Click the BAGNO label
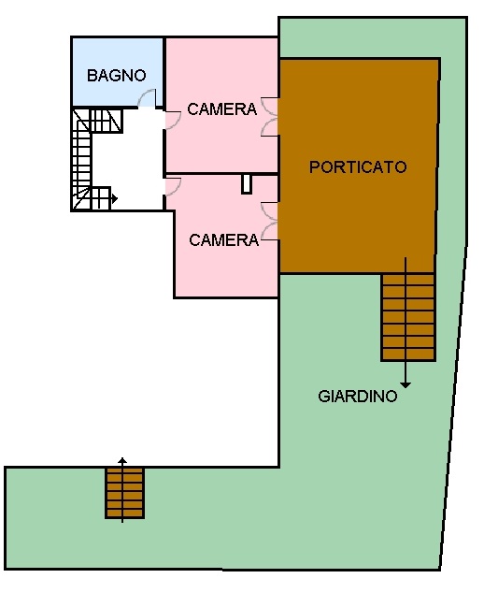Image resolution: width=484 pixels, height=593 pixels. coord(117,75)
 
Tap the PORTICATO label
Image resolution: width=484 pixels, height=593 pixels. coord(358,166)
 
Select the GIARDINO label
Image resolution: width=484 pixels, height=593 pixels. coord(358,396)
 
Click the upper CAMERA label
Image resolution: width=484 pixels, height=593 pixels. coord(222,109)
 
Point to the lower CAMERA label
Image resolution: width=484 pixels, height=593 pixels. coord(223,240)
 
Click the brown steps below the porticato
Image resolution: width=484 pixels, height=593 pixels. coord(407,317)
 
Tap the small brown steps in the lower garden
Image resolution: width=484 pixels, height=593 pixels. coord(124,493)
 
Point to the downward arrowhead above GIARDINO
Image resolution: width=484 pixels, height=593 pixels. coord(406,385)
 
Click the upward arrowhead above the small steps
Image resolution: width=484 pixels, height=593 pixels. coord(122,460)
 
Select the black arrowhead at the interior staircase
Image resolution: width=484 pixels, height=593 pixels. coord(115,198)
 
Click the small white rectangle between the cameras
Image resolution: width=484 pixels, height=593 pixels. coord(247,184)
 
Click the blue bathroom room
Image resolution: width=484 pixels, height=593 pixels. coord(117,72)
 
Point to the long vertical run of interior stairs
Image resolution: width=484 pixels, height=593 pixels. coord(82,159)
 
